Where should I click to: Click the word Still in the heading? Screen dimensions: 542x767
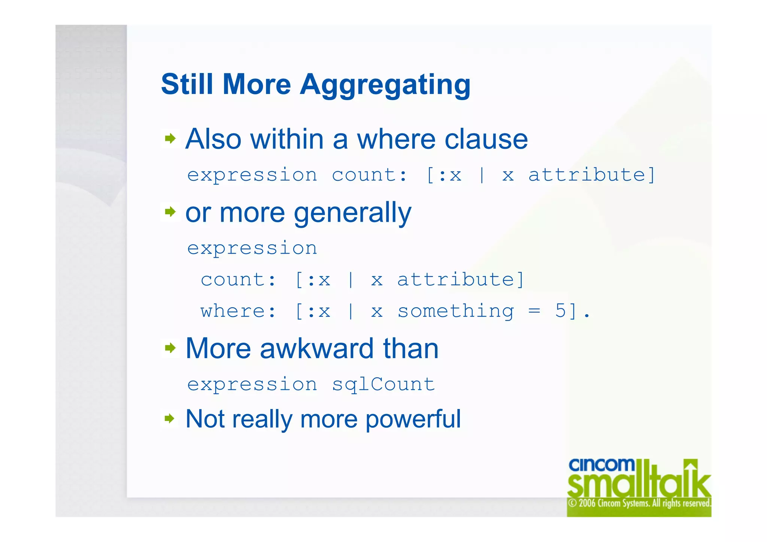pyautogui.click(x=187, y=84)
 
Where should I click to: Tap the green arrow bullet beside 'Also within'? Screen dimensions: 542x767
pyautogui.click(x=170, y=139)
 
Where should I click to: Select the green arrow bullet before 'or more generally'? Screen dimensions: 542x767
pyautogui.click(x=170, y=212)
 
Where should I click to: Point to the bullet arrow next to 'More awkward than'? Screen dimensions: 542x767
pyautogui.click(x=170, y=348)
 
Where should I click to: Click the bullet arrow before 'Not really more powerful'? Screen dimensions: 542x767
pyautogui.click(x=170, y=418)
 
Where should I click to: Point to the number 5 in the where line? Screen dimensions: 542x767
pyautogui.click(x=560, y=311)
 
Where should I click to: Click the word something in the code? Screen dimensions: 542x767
pyautogui.click(x=455, y=311)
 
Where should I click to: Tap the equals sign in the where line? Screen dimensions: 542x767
pyautogui.click(x=534, y=311)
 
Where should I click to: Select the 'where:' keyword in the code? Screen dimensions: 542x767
pyautogui.click(x=238, y=311)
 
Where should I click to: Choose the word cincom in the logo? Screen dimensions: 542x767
pyautogui.click(x=601, y=465)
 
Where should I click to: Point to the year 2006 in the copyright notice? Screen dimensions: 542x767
pyautogui.click(x=588, y=503)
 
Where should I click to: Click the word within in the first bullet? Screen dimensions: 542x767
pyautogui.click(x=287, y=139)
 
